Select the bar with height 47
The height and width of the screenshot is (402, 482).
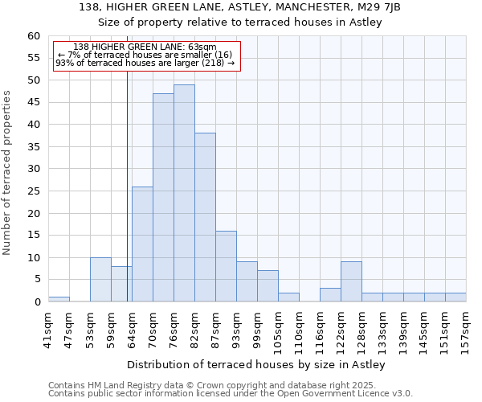click(x=163, y=197)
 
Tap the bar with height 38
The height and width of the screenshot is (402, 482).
click(x=205, y=217)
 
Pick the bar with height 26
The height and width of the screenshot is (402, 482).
click(x=142, y=244)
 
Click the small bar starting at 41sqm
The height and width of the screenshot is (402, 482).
click(x=59, y=299)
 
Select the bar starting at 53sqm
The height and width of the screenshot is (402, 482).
click(x=100, y=279)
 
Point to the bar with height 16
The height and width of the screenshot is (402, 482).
click(x=226, y=266)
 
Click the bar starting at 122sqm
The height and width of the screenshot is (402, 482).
click(x=351, y=281)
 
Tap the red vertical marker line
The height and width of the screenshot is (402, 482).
click(x=127, y=185)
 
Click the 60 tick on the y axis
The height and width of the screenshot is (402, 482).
click(x=34, y=36)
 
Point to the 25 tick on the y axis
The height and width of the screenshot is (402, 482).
click(x=34, y=191)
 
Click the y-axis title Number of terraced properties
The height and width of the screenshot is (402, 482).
click(x=8, y=172)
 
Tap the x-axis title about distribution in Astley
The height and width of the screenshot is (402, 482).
click(x=256, y=365)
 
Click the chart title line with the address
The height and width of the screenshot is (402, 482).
click(x=251, y=7)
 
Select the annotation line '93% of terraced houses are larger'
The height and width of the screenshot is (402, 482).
click(x=145, y=63)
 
